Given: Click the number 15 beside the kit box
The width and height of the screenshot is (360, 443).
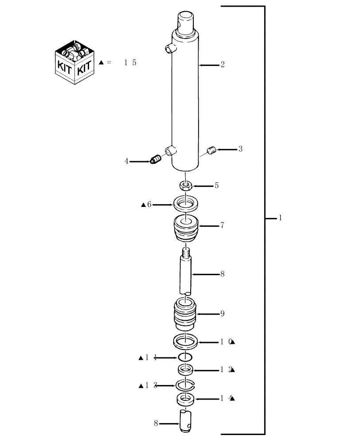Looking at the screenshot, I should tap(130, 63).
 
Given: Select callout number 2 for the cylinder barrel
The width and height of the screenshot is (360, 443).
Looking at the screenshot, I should tap(222, 65).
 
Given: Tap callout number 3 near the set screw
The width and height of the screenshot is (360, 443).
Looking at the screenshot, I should tap(240, 149).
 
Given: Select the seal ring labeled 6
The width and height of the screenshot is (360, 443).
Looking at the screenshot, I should tap(186, 204).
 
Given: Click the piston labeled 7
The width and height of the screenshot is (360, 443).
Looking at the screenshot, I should tap(186, 228).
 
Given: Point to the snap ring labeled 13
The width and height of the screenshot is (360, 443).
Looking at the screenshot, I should tap(186, 385).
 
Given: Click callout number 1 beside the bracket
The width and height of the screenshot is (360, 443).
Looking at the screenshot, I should tap(280, 218).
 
